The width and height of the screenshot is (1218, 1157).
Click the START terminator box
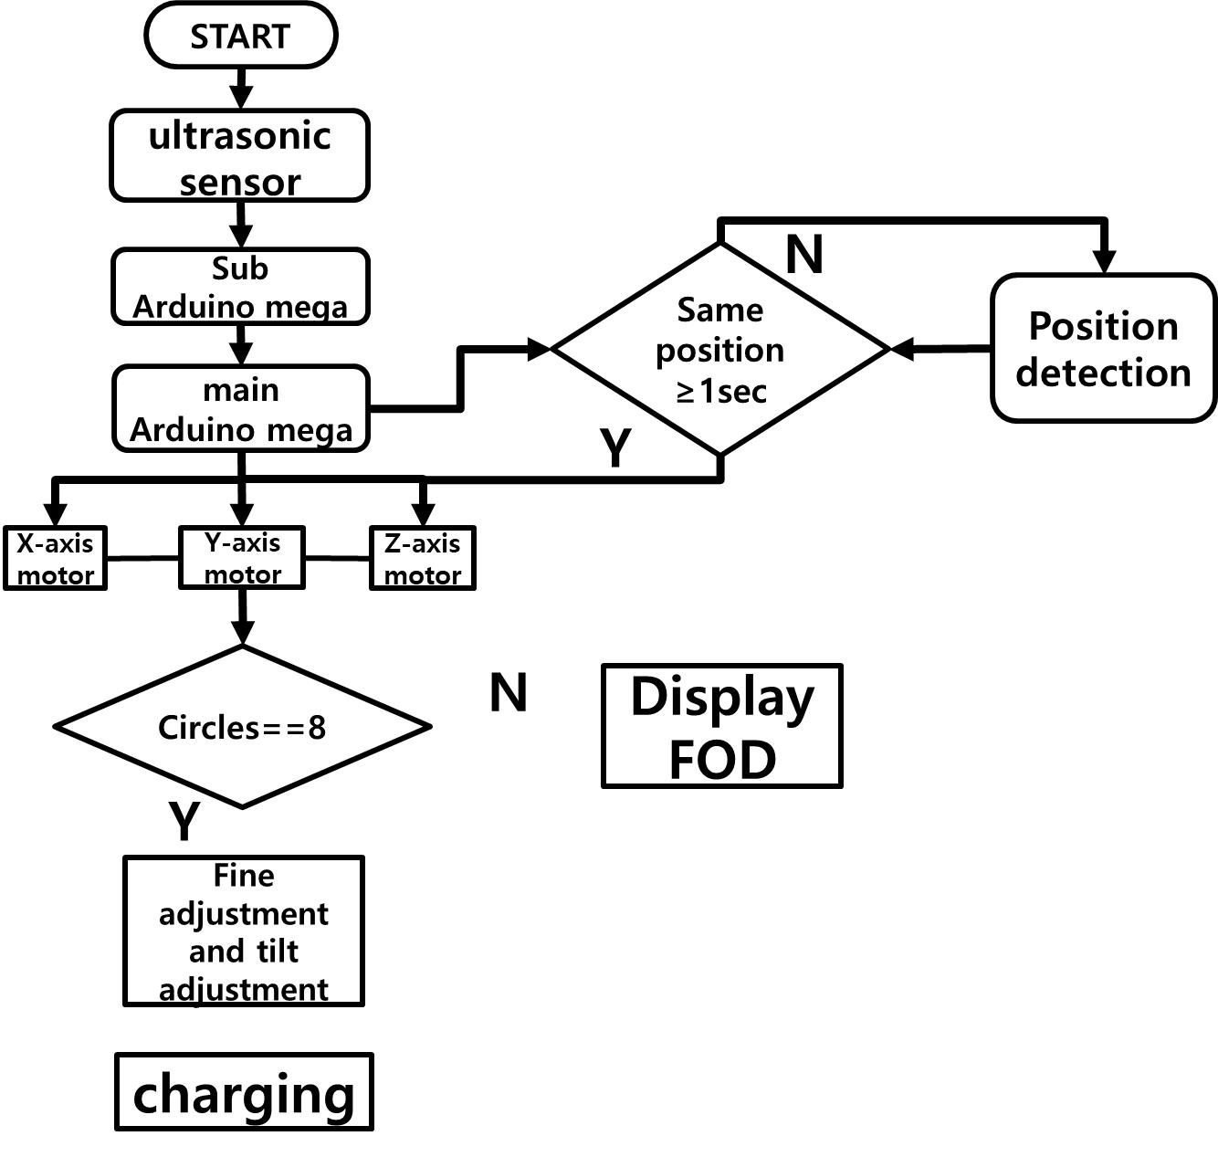pos(241,36)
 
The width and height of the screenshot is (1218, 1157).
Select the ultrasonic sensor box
pos(240,156)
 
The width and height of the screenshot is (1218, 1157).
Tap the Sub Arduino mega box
pos(240,287)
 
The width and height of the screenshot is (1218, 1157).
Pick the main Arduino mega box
pos(241,409)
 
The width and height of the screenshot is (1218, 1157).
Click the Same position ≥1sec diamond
pos(720,350)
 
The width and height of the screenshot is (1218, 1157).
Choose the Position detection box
pos(1103,349)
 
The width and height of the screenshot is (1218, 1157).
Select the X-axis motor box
pos(56,558)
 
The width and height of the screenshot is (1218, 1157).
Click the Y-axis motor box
pos(242,558)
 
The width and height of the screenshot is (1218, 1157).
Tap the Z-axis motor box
pos(422,558)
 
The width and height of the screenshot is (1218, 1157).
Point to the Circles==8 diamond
pos(242,727)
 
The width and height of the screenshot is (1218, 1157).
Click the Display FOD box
pos(721,726)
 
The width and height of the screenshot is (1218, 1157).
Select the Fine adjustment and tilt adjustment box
pos(244,931)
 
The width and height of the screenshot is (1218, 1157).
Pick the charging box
pos(244,1092)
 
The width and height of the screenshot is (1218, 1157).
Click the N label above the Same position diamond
pos(804,255)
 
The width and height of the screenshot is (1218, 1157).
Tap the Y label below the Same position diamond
pos(616,447)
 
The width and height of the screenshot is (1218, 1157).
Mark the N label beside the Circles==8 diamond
pos(509,693)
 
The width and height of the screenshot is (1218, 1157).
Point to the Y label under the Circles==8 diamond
pos(184,821)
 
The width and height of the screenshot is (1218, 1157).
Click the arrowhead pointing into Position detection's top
pos(1105,261)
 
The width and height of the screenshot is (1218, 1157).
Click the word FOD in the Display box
pos(722,759)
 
